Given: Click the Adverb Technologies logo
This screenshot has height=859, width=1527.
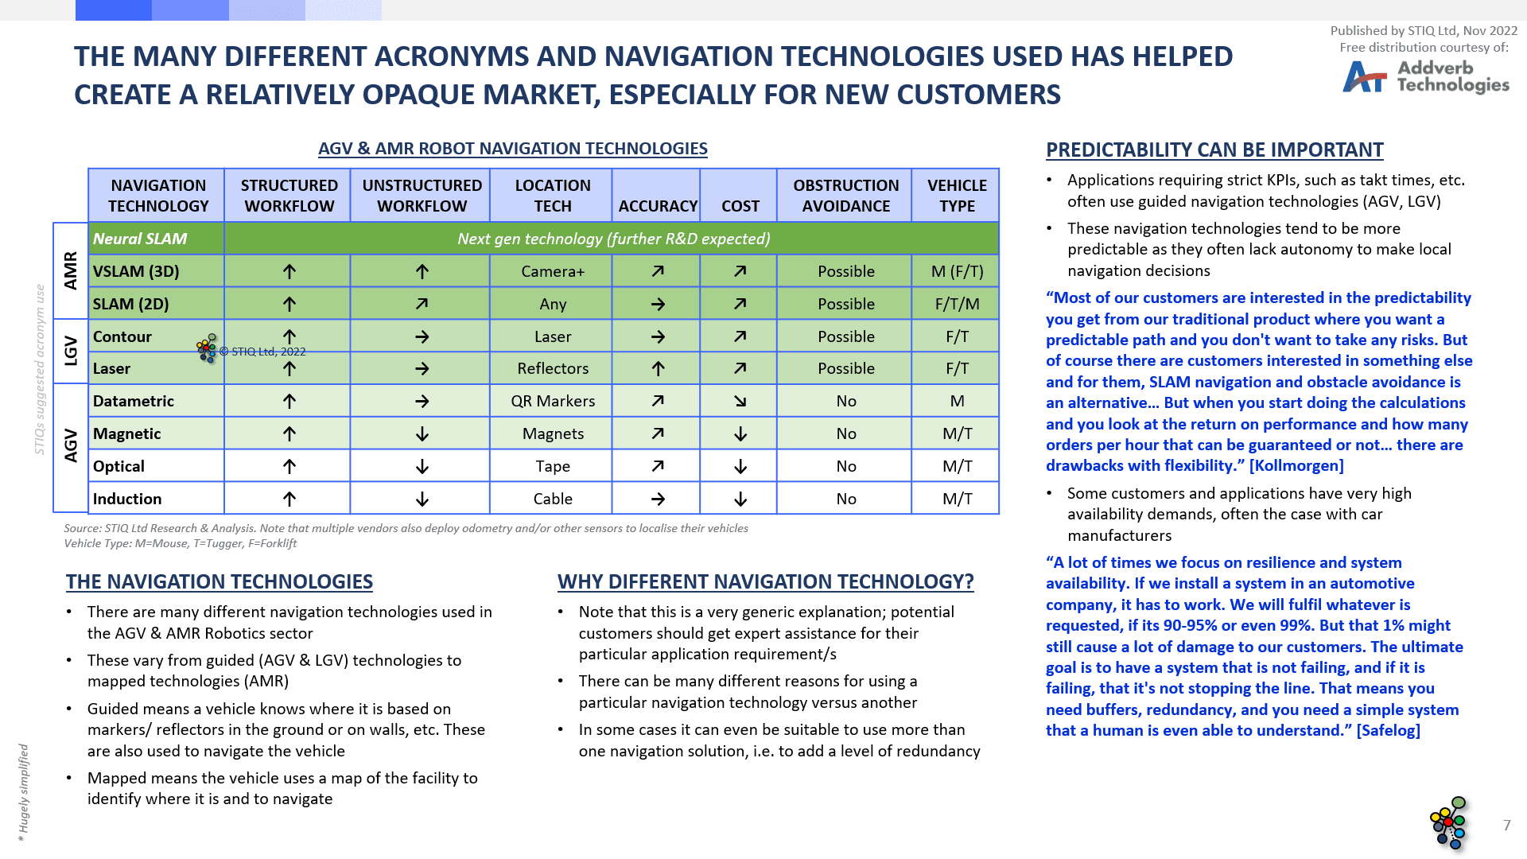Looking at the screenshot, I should point(1425,77).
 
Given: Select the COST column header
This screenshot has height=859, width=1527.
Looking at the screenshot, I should point(740,206).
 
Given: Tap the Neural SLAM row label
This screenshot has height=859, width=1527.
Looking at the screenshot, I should point(140,239).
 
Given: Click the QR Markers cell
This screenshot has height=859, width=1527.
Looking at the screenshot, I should point(553,401).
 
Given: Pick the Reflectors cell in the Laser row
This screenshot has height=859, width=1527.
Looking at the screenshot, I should point(553,368).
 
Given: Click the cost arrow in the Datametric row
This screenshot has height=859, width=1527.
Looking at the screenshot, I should point(740,401).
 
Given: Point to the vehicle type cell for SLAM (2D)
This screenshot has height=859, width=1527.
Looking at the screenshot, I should point(957,304).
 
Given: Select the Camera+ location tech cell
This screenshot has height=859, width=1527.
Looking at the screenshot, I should point(553,271).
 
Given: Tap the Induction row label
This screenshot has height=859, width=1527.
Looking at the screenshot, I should point(127,499).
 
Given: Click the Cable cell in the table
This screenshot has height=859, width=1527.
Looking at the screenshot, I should point(553,499).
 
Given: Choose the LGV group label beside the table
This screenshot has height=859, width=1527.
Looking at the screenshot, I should point(71,351).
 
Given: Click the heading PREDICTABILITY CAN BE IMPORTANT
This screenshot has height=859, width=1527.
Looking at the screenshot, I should point(1214,150).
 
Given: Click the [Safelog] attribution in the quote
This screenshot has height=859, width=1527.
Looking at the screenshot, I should point(1388,730).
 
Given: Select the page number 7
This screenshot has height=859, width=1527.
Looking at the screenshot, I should point(1506,825).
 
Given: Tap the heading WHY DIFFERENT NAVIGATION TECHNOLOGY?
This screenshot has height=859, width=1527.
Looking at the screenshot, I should point(765,581).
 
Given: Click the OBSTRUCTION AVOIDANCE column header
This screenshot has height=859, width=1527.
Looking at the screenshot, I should point(845,196).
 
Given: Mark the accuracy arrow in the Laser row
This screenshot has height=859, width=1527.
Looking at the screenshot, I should point(658,368).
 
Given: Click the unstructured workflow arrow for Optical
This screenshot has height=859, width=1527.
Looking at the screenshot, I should point(422,466).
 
